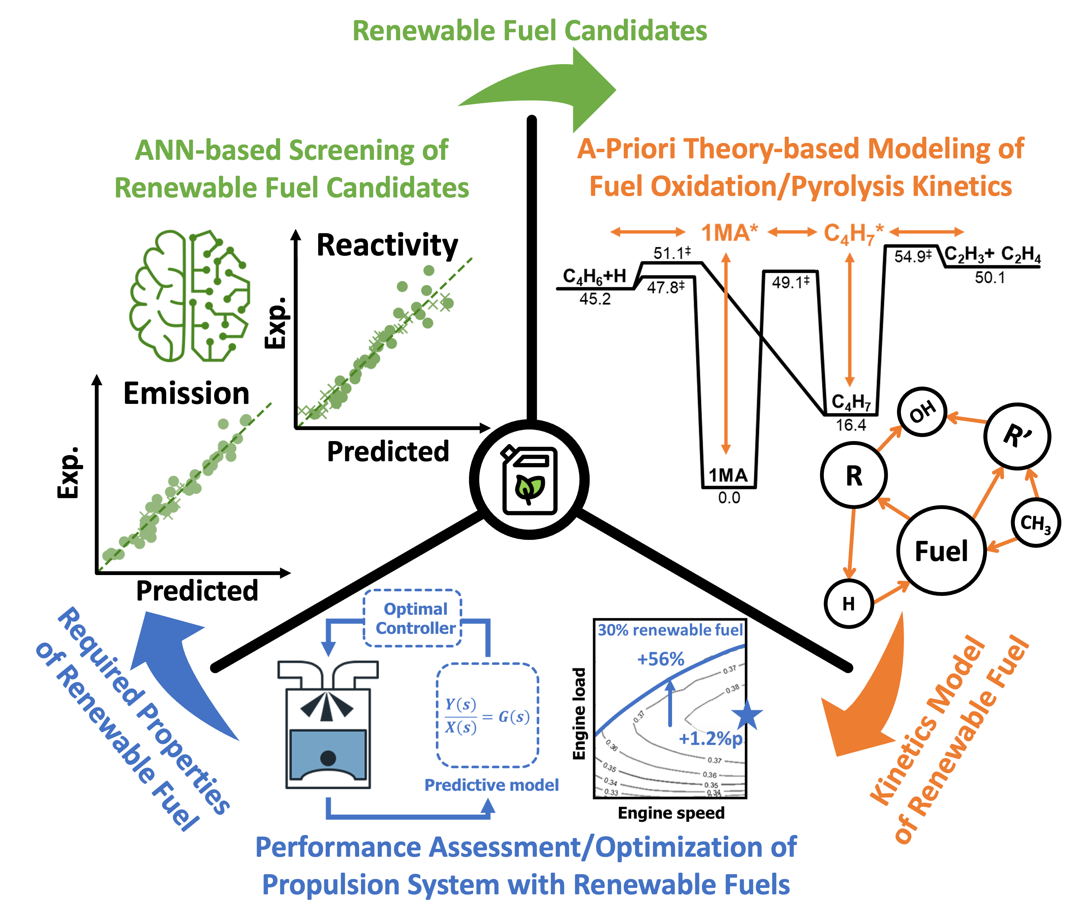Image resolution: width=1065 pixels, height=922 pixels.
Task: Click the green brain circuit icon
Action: pos(189,295)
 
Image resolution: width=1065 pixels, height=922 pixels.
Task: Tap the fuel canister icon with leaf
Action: pos(529,479)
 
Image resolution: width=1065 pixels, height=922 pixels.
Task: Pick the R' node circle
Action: pos(1017,436)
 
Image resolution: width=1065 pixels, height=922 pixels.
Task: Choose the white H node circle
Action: pos(849,603)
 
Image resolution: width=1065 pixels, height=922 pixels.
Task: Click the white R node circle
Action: pos(854,475)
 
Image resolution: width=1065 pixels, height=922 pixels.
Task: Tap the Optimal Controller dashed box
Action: pos(413,618)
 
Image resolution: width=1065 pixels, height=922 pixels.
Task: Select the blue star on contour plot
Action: pos(746,714)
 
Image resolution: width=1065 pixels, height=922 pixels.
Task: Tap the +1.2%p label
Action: pos(711,739)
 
